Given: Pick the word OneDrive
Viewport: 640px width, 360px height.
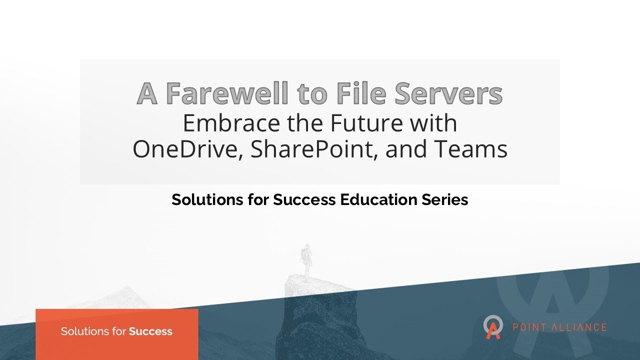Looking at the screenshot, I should (x=187, y=149).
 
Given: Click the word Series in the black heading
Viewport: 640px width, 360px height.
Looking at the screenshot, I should (x=446, y=200).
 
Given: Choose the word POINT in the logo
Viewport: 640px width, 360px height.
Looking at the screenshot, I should (x=528, y=328).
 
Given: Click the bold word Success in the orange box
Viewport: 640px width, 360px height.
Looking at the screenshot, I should (x=150, y=331).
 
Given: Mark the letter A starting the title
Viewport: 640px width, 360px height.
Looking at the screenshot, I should (x=147, y=93).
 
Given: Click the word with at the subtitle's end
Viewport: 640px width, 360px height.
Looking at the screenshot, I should (x=434, y=123).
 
